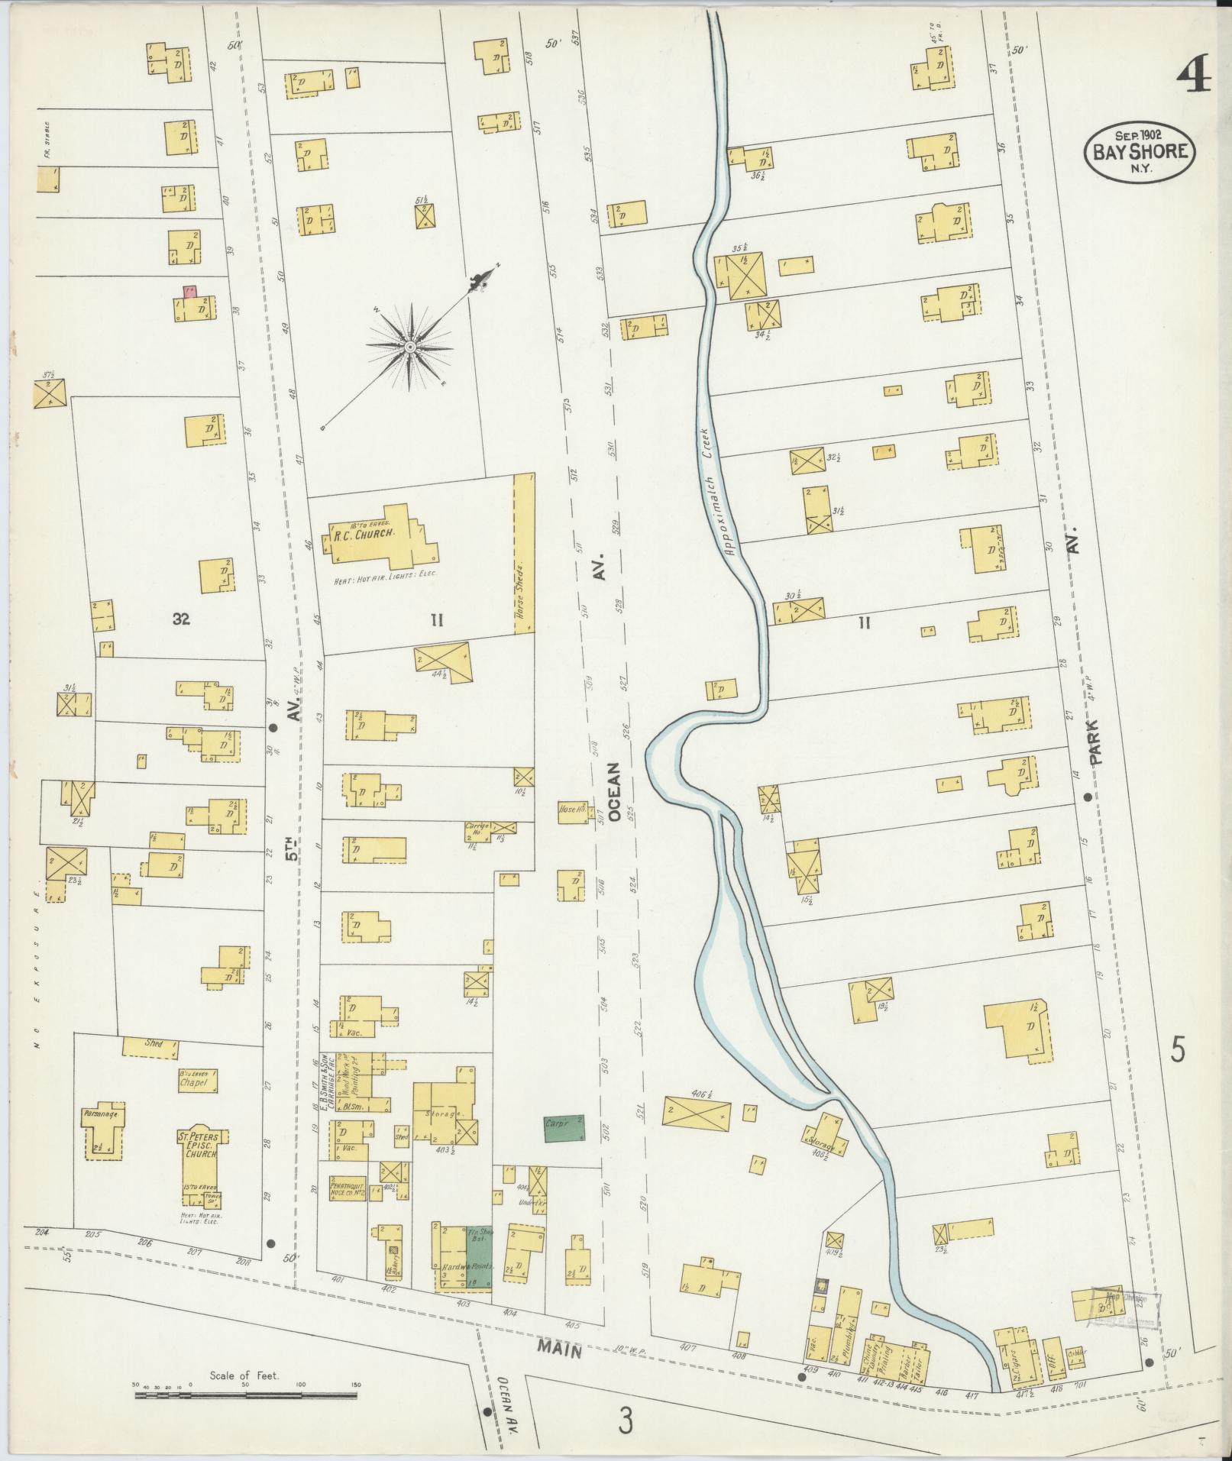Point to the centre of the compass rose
pos(410,347)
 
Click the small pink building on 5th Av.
pos(188,291)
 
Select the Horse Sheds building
pos(523,554)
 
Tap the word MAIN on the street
pos(559,1349)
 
